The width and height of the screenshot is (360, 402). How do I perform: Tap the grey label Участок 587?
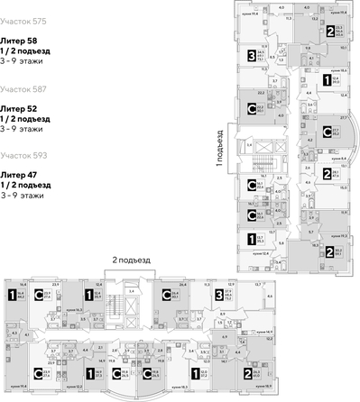coord(23,89)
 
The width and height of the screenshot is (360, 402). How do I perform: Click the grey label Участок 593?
coord(23,155)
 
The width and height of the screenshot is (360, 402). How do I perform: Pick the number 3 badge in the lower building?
coord(219,293)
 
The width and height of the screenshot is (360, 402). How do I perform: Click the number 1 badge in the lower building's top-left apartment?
coord(12,294)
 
